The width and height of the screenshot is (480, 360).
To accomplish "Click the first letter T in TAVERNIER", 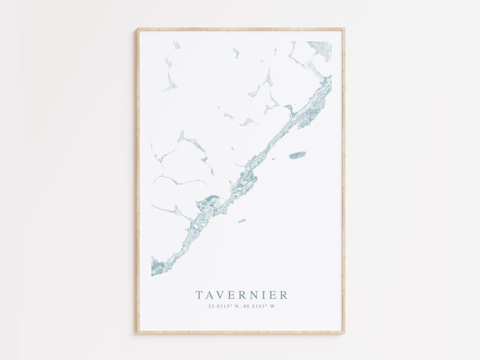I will pos(199,295).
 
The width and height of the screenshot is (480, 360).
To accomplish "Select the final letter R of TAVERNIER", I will pos(284,295).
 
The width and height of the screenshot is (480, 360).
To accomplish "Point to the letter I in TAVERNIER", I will pos(264,295).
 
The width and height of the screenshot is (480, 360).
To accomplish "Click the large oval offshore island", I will pos(297,155).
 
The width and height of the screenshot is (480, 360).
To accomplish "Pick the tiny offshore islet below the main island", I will pos(242,220).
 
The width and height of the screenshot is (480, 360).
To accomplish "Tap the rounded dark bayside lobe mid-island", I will pos(208,201).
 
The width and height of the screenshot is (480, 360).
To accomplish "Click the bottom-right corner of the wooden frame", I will pos(344,332).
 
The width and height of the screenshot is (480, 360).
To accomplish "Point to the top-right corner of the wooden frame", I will pos(344,29).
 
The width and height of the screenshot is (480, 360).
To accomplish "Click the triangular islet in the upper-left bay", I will pos(170,83).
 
